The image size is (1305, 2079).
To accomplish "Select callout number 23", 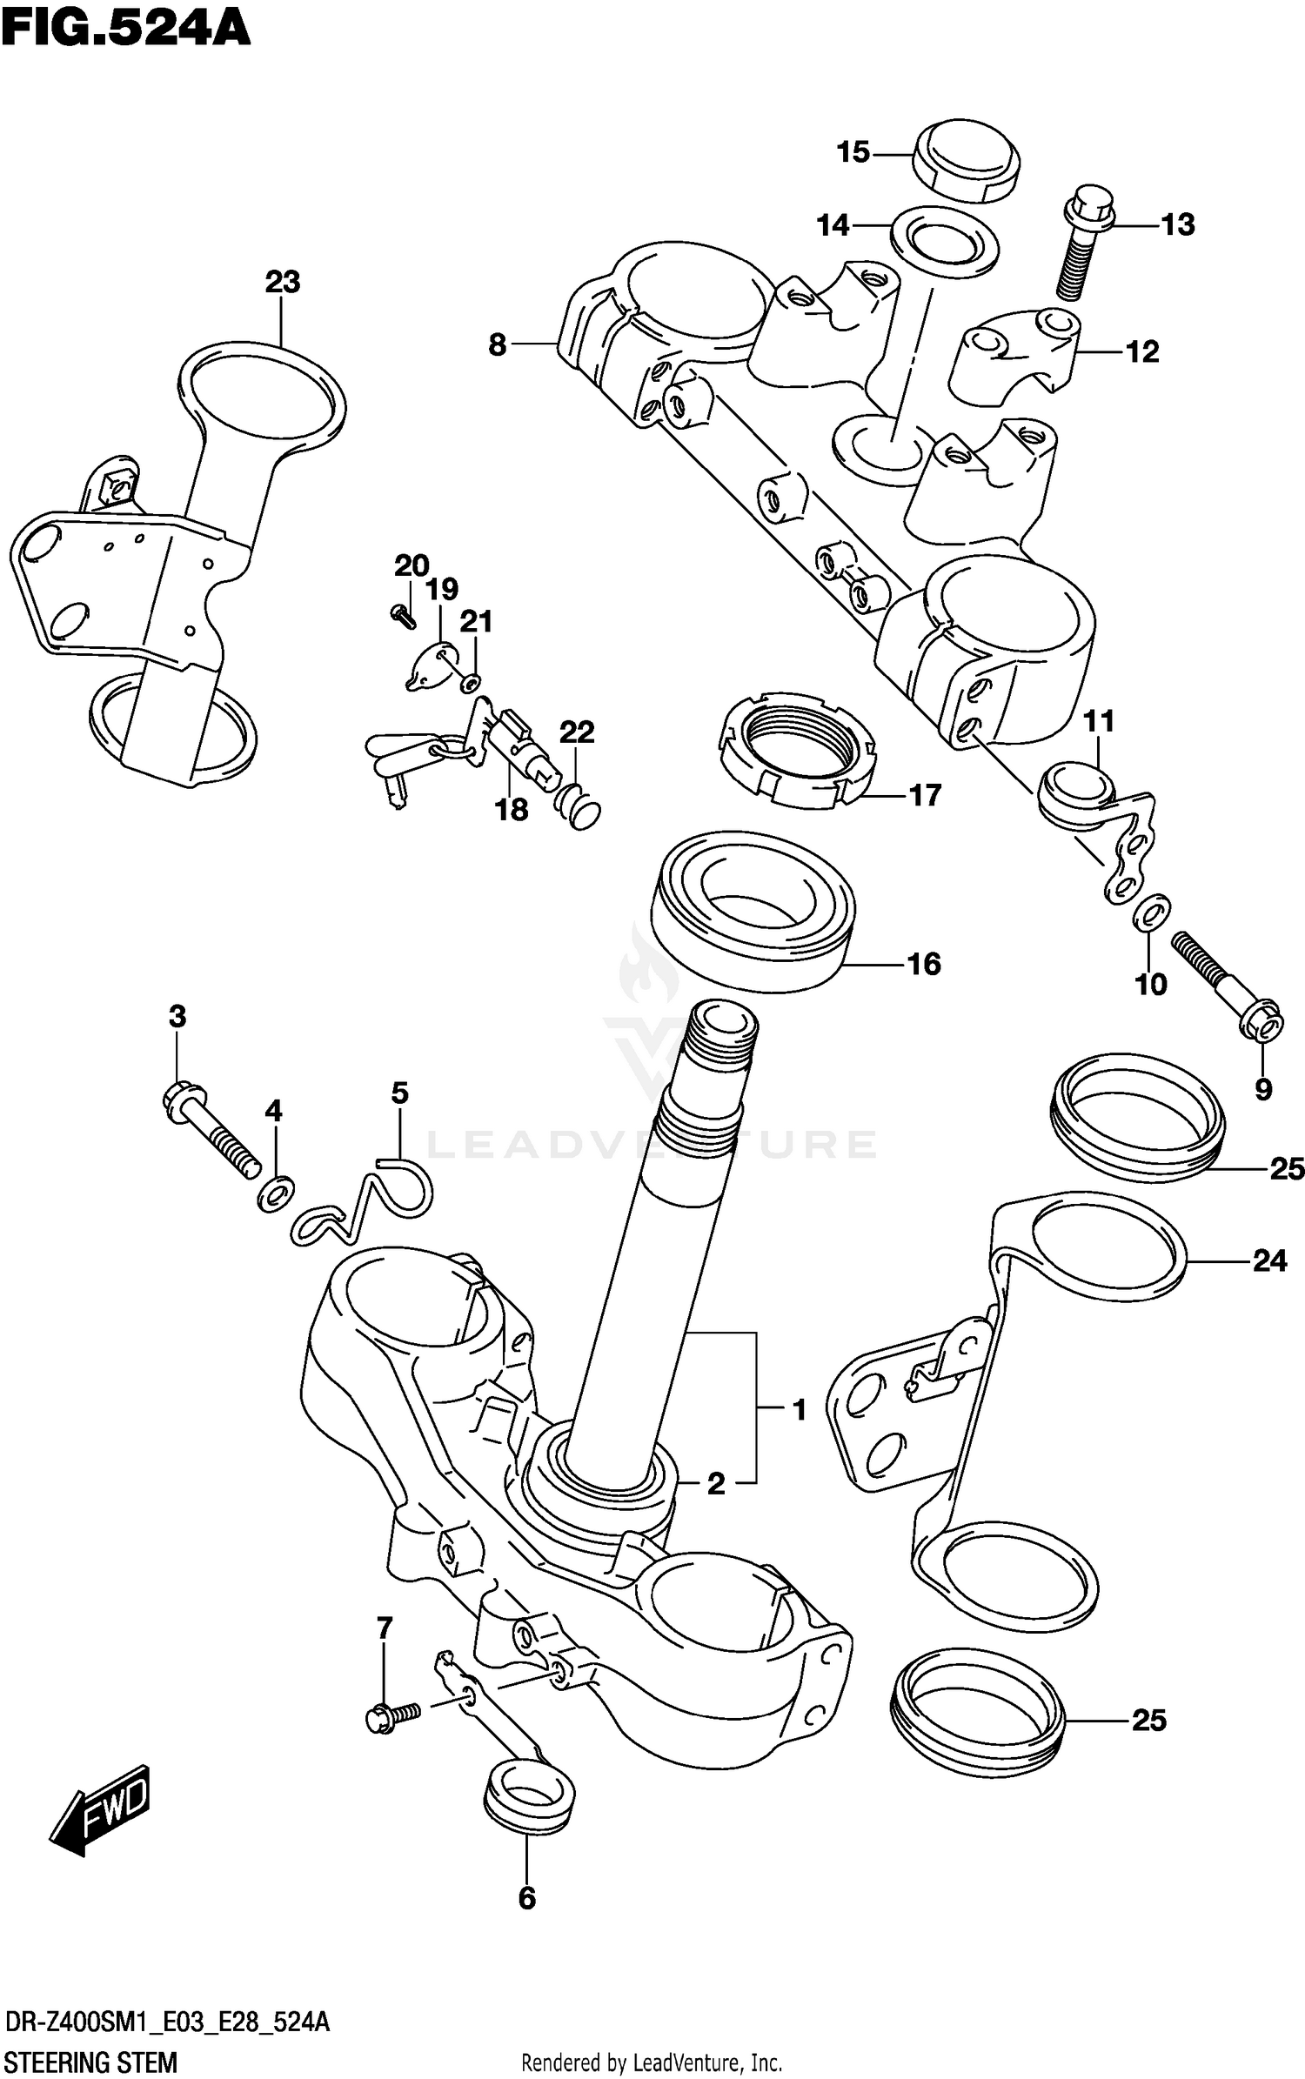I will point(282,282).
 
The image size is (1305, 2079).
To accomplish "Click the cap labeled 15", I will point(966,161).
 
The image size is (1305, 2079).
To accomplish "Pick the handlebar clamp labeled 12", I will point(1014,352).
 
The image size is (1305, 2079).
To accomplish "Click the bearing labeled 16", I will point(753,909).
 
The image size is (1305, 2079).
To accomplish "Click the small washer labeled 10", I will point(1151,912).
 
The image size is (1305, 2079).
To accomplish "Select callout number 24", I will point(1269,1260).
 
